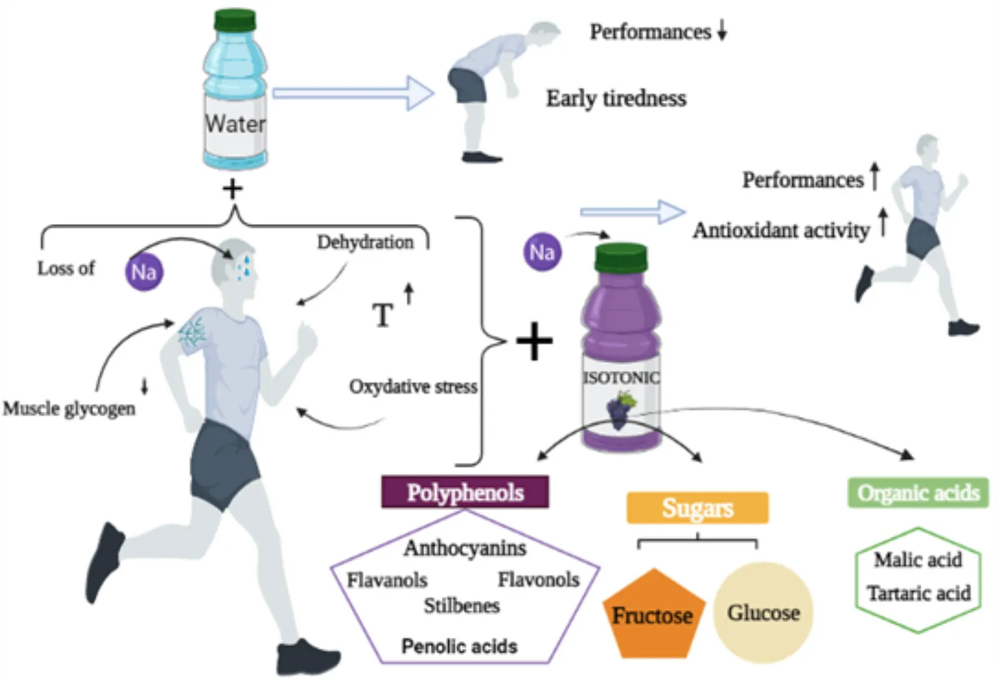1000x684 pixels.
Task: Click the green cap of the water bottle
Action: (235, 20)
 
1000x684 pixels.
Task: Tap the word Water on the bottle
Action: (235, 124)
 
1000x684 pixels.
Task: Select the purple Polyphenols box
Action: (465, 493)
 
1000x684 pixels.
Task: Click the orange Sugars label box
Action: (697, 508)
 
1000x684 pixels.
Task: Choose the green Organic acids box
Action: (918, 493)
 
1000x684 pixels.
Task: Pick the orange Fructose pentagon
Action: (652, 614)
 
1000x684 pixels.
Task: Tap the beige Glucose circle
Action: (763, 612)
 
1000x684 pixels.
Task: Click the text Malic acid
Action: (917, 560)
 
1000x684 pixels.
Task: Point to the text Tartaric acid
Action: (919, 594)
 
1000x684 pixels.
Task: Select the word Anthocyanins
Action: (465, 548)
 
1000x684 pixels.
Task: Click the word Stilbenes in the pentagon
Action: (462, 606)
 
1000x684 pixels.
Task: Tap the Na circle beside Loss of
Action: (144, 271)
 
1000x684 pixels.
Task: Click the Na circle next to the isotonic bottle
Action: (542, 252)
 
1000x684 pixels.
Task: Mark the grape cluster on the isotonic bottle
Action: (620, 409)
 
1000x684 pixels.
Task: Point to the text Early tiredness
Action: (616, 98)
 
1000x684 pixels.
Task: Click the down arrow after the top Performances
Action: (722, 30)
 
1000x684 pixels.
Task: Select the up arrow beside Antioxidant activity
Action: (883, 223)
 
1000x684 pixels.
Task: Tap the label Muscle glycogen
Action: (69, 409)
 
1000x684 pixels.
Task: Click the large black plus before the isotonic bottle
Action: (534, 341)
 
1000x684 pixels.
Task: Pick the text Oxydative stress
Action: (413, 387)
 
